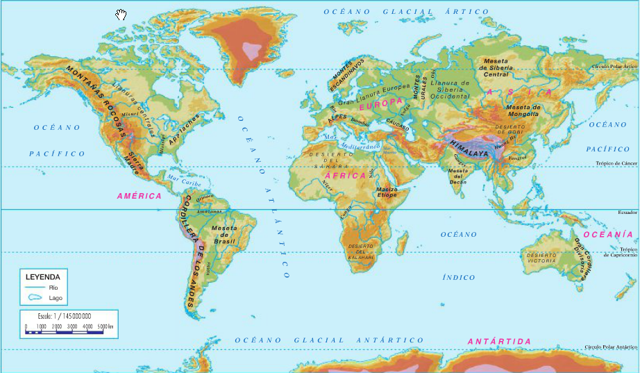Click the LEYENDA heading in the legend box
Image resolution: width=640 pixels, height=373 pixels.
(x=43, y=276)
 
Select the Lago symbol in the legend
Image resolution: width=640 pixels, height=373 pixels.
(x=33, y=297)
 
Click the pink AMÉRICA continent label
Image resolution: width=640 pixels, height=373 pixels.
(x=139, y=196)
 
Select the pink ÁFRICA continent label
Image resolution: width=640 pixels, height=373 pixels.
(x=345, y=176)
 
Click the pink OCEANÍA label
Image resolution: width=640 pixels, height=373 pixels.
(x=608, y=235)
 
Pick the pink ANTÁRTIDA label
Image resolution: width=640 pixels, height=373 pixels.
(x=498, y=341)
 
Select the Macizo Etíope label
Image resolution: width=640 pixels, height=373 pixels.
(x=386, y=192)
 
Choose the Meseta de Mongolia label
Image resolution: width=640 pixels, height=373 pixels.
(x=523, y=110)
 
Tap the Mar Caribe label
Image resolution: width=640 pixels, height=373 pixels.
(x=184, y=181)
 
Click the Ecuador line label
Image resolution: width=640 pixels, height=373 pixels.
(x=627, y=212)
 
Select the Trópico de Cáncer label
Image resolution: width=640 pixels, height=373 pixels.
(x=616, y=164)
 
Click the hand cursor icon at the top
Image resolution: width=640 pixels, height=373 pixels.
(x=121, y=15)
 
